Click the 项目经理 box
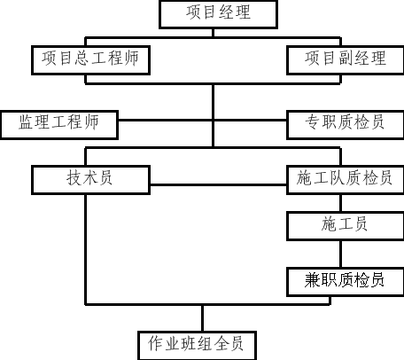(x=218, y=14)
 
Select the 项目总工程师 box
(x=90, y=60)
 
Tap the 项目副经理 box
(x=346, y=60)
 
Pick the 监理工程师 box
(x=59, y=125)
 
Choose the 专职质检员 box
(x=346, y=125)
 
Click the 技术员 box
(x=90, y=180)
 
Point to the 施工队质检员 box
(x=346, y=180)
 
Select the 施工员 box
(x=346, y=226)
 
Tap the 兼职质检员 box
(x=346, y=282)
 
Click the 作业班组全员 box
(x=197, y=346)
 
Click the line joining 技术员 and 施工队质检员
(x=218, y=185)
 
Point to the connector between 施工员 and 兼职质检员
(x=341, y=254)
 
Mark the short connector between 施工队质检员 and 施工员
(x=341, y=203)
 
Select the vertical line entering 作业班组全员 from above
(x=202, y=318)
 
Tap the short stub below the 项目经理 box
(x=214, y=33)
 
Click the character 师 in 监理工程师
(x=91, y=122)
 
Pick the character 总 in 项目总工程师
(x=82, y=58)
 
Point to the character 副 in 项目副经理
(x=346, y=58)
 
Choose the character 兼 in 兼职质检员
(x=313, y=279)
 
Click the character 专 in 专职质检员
(x=313, y=122)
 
